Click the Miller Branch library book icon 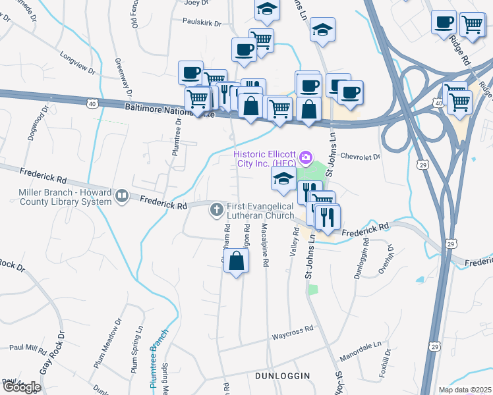click(121, 196)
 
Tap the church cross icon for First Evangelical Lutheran click(216, 211)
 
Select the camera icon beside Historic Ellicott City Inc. click(306, 157)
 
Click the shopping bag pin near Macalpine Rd click(237, 260)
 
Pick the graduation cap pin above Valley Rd click(283, 178)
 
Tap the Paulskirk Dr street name click(202, 21)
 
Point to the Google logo click(21, 387)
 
